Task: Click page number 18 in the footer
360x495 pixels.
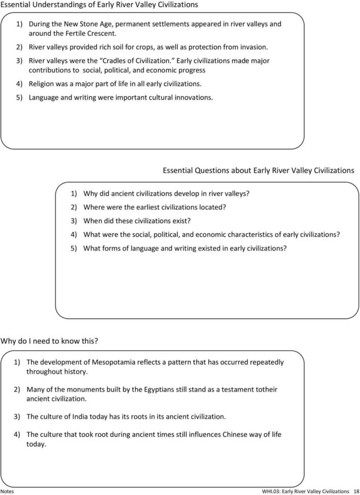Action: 356,490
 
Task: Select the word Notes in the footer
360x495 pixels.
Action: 8,490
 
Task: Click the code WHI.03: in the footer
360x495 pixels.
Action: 271,490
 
